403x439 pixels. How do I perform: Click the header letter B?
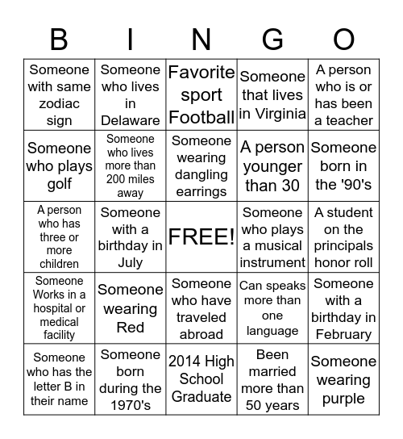click(x=59, y=38)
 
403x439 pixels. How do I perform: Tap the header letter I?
click(x=130, y=38)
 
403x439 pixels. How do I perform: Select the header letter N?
click(x=201, y=38)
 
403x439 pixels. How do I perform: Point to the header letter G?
click(x=272, y=38)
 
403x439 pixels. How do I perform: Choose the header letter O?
click(x=344, y=38)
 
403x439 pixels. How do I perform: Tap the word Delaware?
click(x=130, y=120)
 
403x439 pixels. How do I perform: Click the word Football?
click(x=201, y=116)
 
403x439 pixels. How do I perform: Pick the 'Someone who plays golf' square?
click(x=59, y=166)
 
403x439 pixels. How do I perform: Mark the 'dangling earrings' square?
click(x=201, y=166)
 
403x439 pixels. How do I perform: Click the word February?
click(x=344, y=334)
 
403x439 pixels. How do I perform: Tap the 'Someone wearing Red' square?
click(x=130, y=309)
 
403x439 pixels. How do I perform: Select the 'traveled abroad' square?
click(x=201, y=309)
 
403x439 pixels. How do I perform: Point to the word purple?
click(x=344, y=399)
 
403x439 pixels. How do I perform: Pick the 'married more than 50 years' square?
click(x=272, y=380)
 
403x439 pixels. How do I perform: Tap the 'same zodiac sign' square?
click(x=59, y=95)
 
